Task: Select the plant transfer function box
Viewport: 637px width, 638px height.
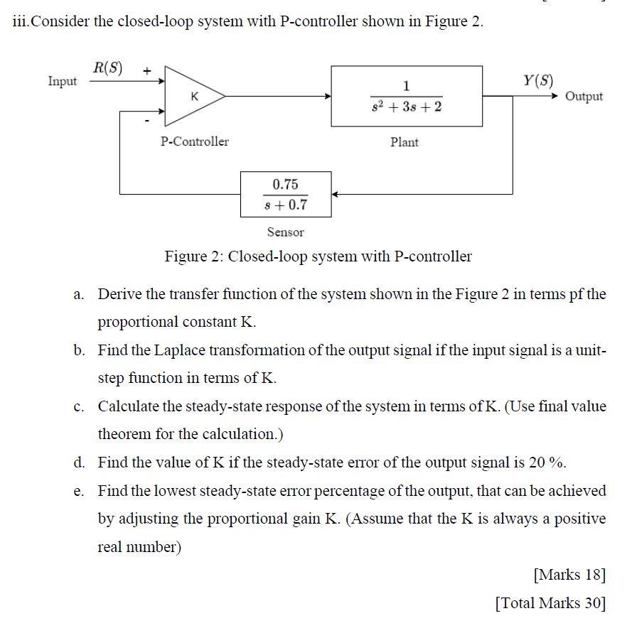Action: (407, 96)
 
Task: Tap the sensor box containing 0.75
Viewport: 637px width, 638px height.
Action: (285, 194)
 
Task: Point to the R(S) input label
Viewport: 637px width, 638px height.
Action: (107, 69)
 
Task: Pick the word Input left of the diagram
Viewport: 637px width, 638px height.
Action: (63, 81)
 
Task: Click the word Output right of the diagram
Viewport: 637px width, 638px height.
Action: (584, 97)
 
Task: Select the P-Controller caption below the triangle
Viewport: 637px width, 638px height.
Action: (195, 141)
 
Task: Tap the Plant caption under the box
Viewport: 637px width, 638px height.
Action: (405, 142)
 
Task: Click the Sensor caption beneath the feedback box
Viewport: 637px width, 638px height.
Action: (285, 232)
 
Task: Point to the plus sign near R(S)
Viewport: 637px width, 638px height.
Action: (146, 70)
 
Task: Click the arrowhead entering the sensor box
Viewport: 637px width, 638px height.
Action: (336, 194)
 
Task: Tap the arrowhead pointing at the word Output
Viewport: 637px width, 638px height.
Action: (557, 96)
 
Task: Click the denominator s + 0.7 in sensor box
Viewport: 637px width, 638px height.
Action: (285, 205)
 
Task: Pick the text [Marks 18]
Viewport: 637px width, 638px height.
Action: (569, 574)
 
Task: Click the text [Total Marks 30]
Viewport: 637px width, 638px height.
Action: (550, 603)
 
